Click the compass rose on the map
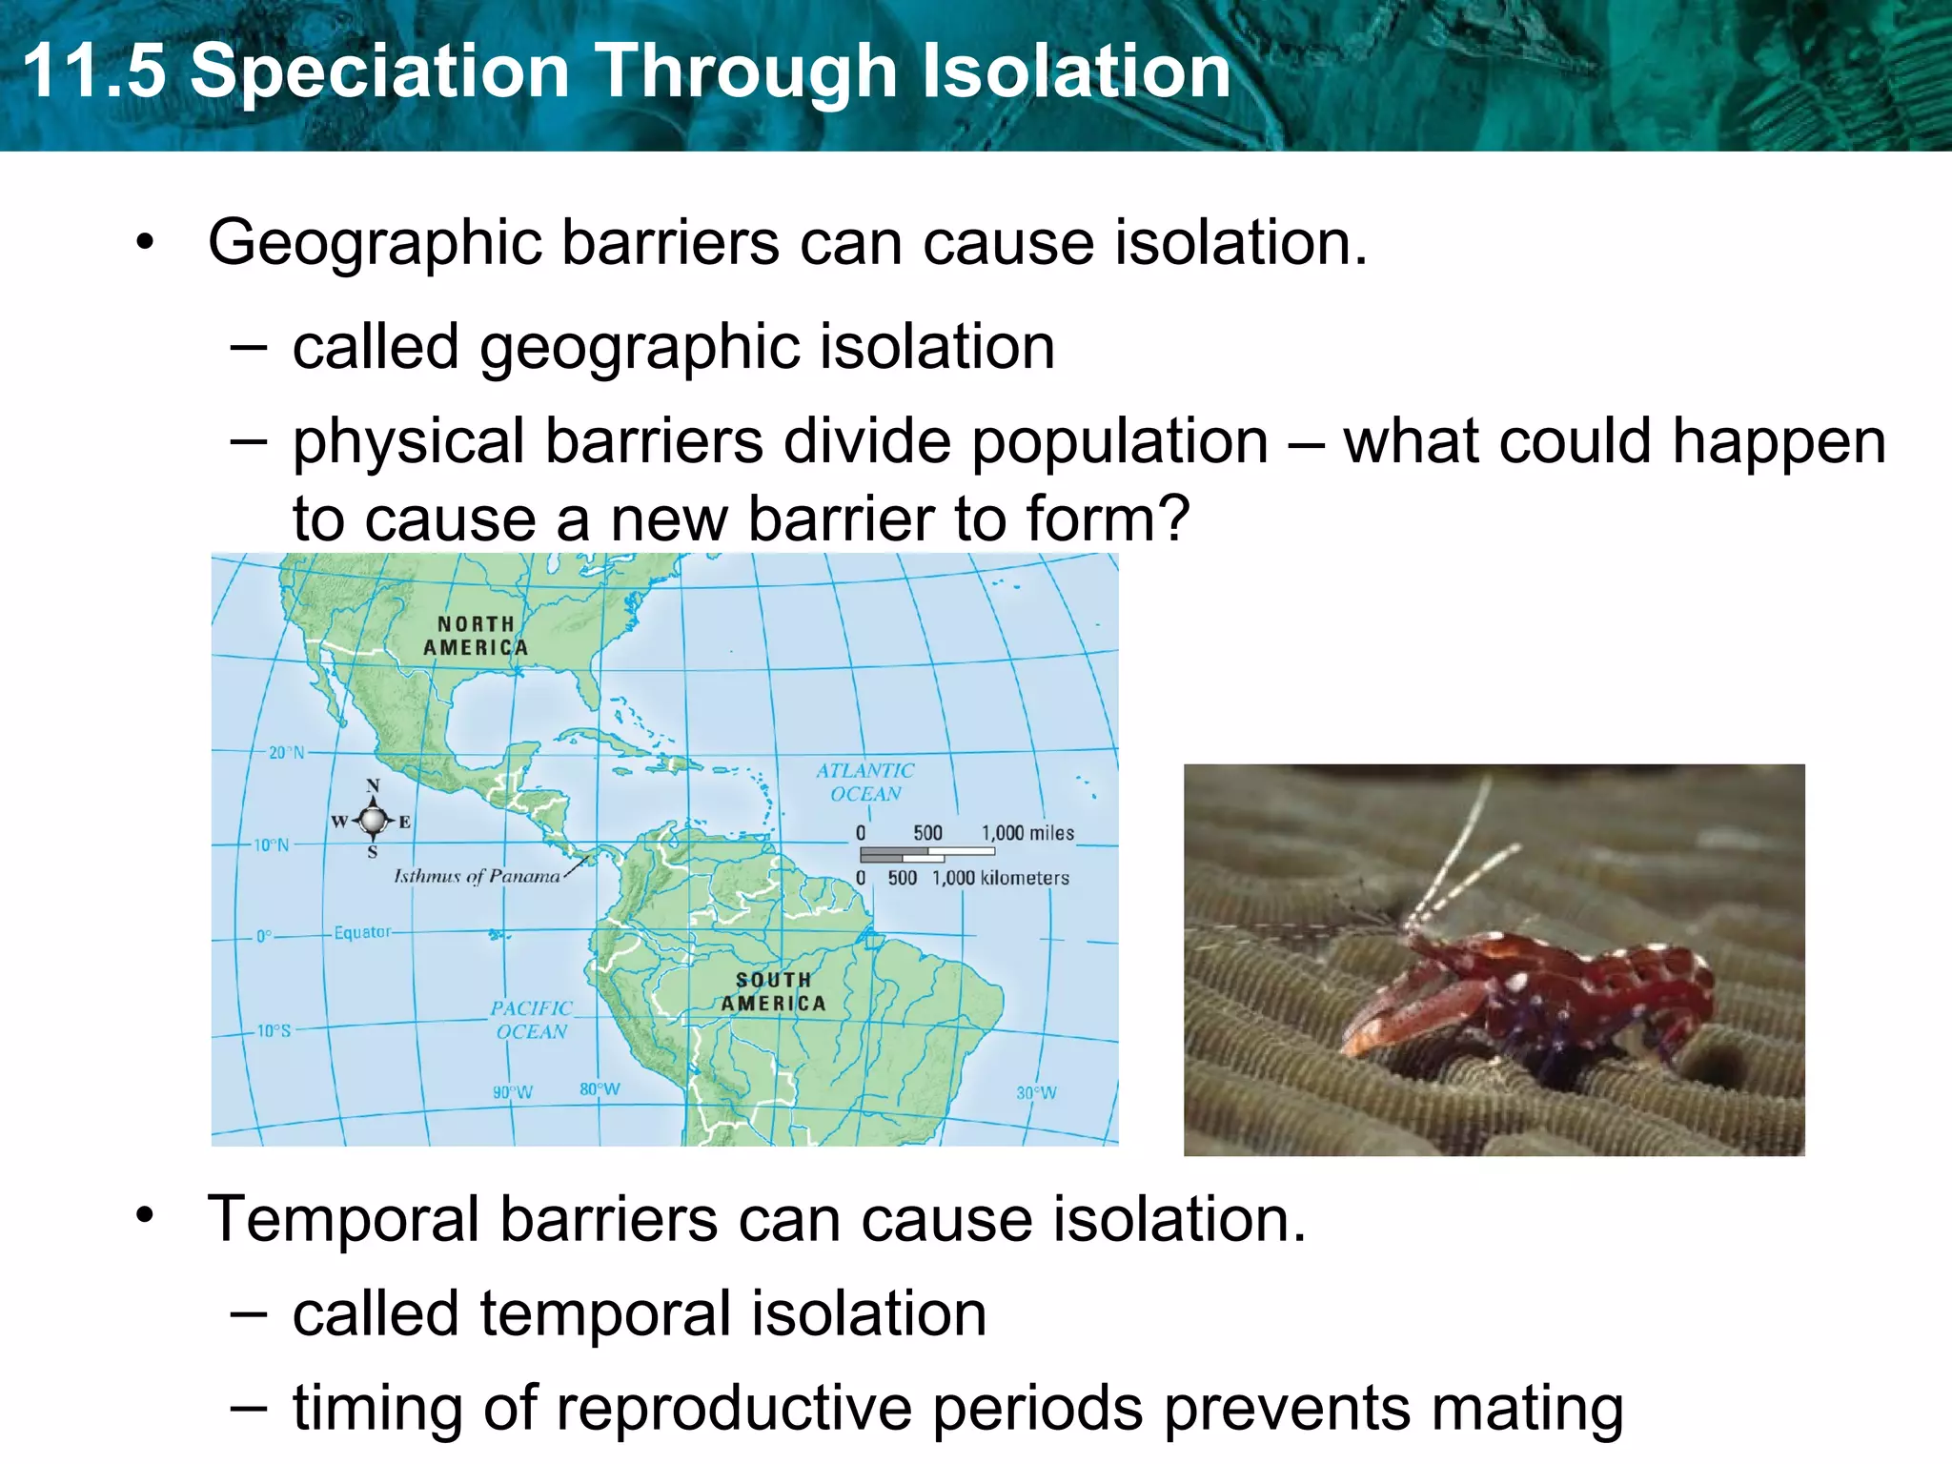373,819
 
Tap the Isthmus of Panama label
477,876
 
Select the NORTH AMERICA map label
476,636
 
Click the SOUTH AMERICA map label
773,991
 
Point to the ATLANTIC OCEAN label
864,782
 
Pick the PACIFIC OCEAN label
531,1020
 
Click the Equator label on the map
362,932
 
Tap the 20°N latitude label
286,752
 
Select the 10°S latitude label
274,1030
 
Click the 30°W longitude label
1036,1092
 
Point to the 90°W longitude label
513,1091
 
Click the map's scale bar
926,854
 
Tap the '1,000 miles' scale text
1027,833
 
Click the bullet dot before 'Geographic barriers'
144,242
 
